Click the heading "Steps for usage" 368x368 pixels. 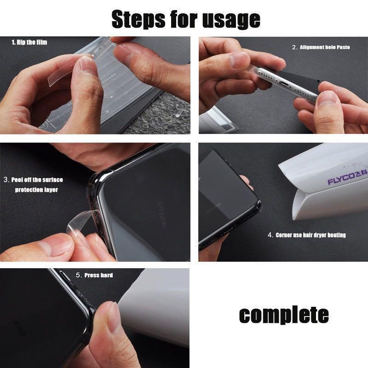(186, 20)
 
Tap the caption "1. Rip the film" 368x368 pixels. (29, 42)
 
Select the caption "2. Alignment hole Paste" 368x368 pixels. (321, 47)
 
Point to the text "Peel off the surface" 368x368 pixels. (37, 180)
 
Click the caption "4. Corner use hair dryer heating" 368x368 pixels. (307, 235)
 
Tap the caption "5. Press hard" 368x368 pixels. (94, 275)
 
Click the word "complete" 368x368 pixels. (284, 316)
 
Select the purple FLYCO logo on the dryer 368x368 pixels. (347, 178)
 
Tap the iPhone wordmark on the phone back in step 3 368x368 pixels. (162, 214)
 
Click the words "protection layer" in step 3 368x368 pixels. (36, 190)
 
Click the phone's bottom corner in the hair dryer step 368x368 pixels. (258, 204)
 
